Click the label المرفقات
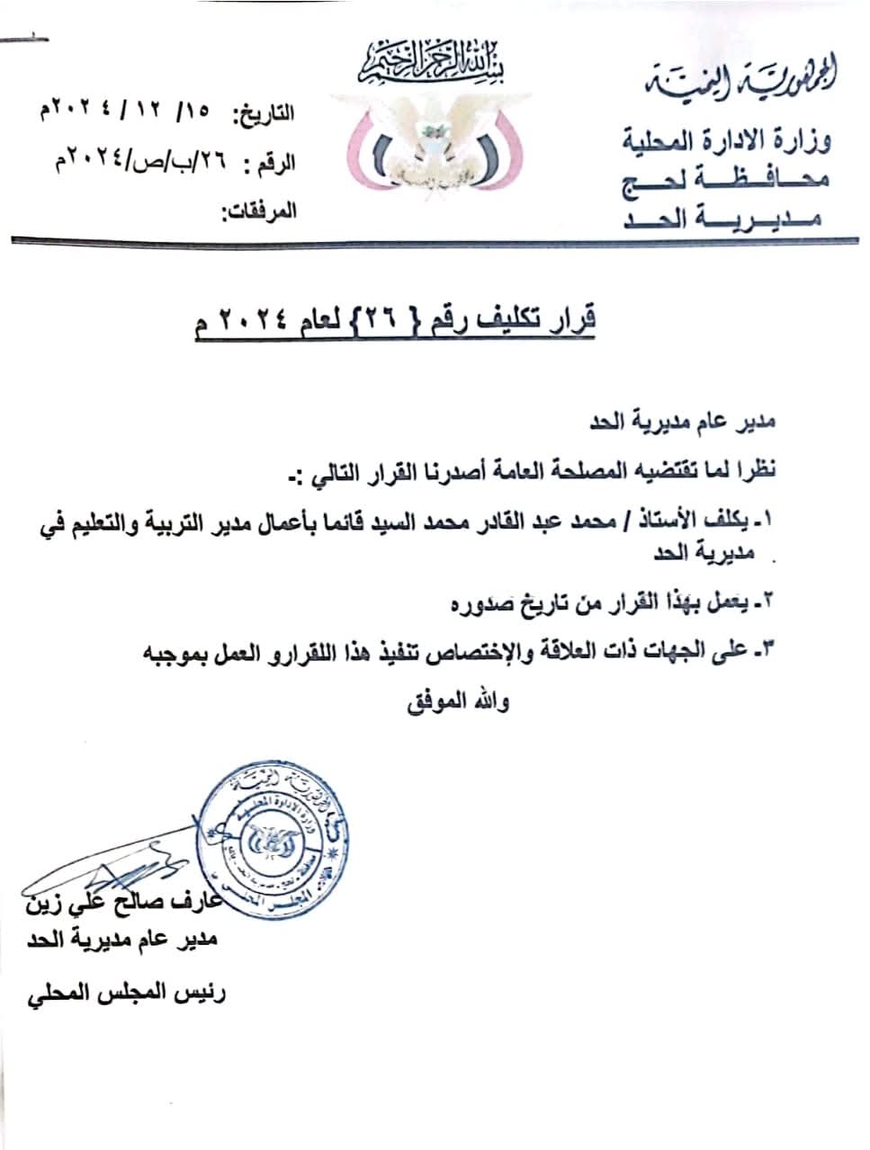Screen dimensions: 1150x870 pyautogui.click(x=259, y=213)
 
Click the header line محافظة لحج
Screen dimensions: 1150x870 pyautogui.click(x=727, y=180)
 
